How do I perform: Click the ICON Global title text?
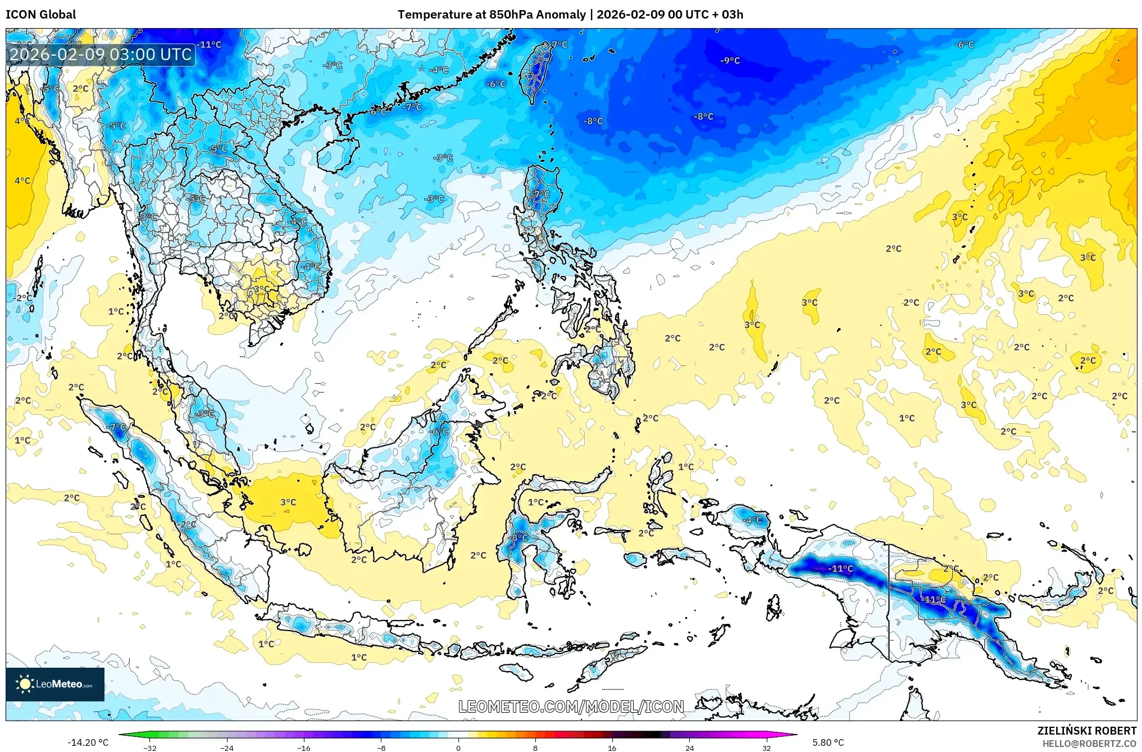coord(40,15)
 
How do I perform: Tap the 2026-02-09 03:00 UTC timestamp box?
coord(101,55)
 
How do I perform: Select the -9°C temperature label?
coord(730,61)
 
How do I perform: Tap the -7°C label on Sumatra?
coord(117,427)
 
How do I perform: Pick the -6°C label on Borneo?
coord(439,432)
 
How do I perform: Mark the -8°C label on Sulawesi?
coord(518,537)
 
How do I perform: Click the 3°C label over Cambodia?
coord(261,289)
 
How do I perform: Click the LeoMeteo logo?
coord(55,684)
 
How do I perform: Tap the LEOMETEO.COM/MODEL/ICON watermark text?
coord(571,706)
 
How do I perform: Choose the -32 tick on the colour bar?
coord(150,748)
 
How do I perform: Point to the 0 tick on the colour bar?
coord(458,748)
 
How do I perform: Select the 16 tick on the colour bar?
coord(612,748)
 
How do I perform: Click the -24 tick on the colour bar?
coord(227,748)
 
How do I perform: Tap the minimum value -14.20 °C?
coord(88,742)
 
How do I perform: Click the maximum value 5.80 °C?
coord(828,742)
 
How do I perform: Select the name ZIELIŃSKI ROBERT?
coord(1086,731)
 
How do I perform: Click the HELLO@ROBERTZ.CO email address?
coord(1089,744)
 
